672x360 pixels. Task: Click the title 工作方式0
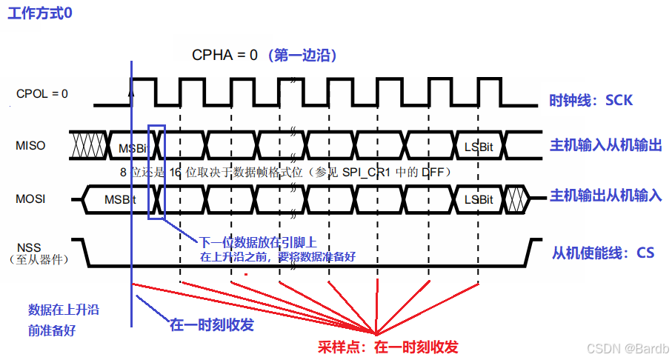pos(41,14)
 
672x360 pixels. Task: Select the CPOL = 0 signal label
pos(42,94)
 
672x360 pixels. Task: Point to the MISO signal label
pos(30,145)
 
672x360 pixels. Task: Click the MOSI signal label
pos(31,199)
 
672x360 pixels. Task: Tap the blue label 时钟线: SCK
pos(591,100)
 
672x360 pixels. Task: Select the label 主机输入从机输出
pos(605,145)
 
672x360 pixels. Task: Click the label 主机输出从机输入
pos(606,196)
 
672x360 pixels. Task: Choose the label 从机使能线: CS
pos(603,253)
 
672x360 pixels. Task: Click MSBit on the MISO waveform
pos(133,148)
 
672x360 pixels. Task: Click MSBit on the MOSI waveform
pos(119,200)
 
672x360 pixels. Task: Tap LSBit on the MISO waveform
pos(478,147)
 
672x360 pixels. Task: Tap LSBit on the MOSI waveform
pos(479,200)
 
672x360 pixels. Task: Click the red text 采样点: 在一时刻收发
pos(388,347)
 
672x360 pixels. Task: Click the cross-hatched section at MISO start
pos(88,144)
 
